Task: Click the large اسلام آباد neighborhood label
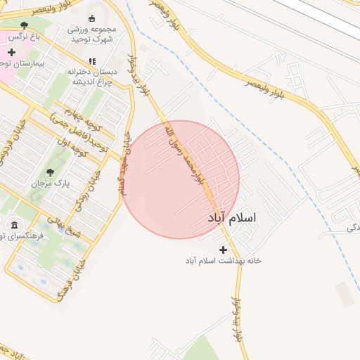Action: [x=232, y=219]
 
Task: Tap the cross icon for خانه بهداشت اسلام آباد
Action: [x=224, y=250]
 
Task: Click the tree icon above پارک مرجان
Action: [x=49, y=172]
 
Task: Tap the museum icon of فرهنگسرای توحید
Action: [x=14, y=225]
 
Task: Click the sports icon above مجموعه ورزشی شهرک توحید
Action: [x=91, y=18]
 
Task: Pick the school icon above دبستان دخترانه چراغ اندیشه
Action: [x=91, y=61]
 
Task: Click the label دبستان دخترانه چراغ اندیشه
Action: [x=91, y=76]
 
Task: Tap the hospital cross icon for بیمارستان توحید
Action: [x=11, y=52]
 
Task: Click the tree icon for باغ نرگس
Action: [x=24, y=26]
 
